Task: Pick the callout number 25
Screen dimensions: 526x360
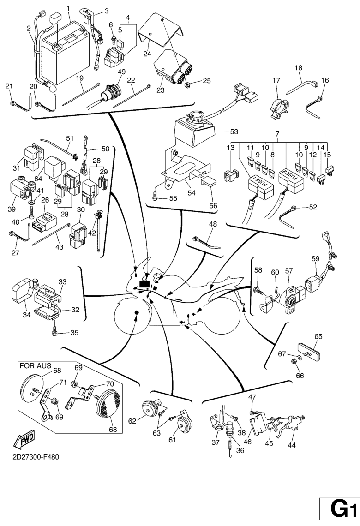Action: coord(206,81)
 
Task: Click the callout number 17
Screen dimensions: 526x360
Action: coord(276,80)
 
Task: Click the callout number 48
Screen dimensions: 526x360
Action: coord(212,224)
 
